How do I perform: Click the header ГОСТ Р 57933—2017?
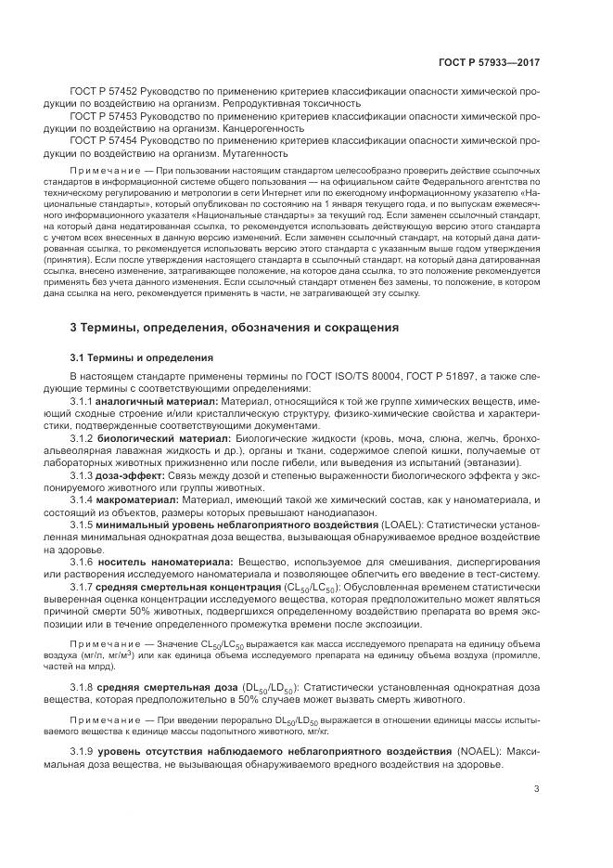pos(490,62)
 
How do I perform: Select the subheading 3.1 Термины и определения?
pos(142,357)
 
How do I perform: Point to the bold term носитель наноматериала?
pos(174,562)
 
